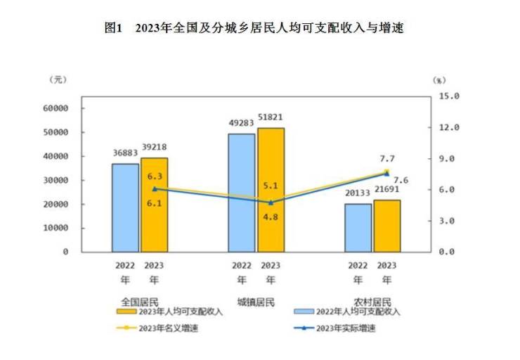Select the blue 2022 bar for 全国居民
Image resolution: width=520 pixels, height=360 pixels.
(125, 207)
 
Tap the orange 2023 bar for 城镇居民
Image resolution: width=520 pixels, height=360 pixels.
(271, 190)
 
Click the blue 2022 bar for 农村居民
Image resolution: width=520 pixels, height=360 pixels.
(358, 227)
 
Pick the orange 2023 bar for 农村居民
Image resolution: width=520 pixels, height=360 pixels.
(386, 226)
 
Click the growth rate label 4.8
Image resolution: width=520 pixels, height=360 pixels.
(271, 217)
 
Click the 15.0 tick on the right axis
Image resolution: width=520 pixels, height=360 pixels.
(447, 96)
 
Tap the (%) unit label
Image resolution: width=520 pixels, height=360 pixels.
(439, 81)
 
